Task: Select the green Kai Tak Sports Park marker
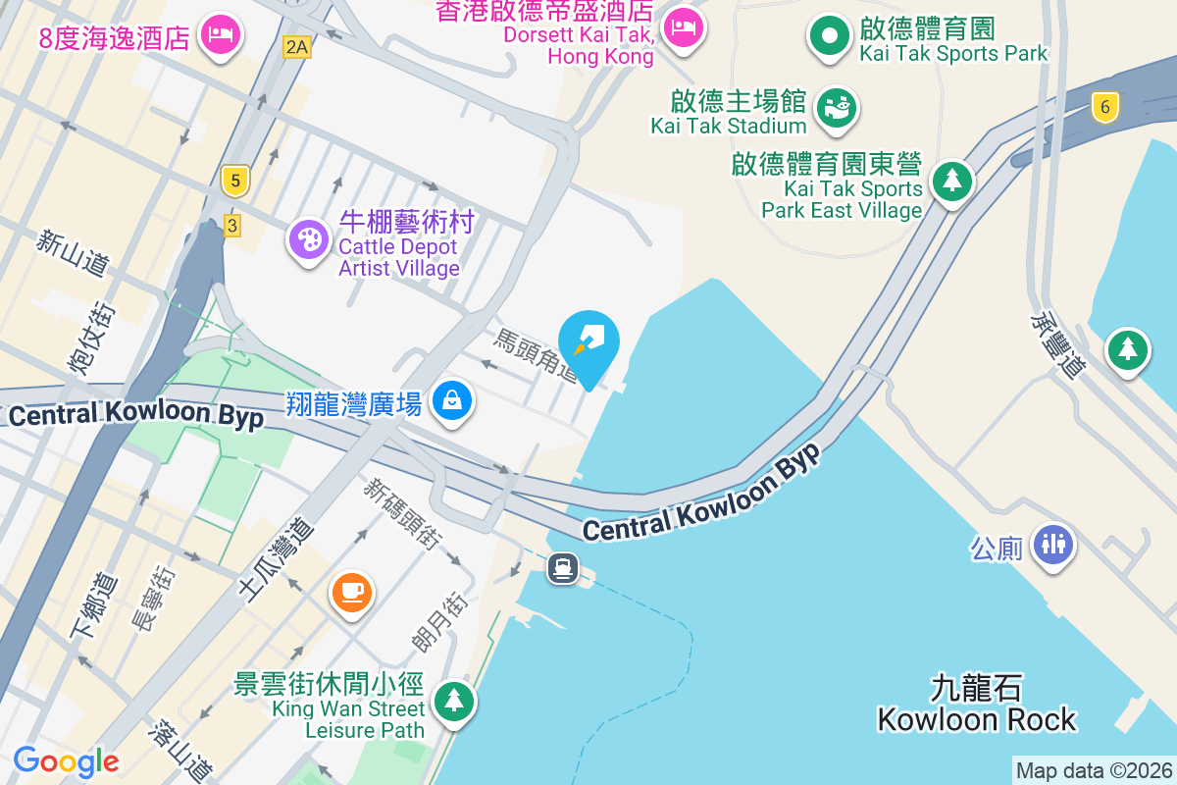[x=830, y=36]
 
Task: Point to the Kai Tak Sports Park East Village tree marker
[x=950, y=181]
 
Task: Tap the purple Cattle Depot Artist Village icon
[x=309, y=238]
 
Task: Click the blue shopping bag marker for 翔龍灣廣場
[x=451, y=400]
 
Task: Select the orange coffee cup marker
[x=350, y=591]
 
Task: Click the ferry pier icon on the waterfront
[x=563, y=567]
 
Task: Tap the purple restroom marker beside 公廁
[x=1052, y=543]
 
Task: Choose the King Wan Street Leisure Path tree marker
[x=452, y=701]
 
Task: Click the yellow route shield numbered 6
[x=1104, y=107]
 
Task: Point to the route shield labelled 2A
[x=295, y=46]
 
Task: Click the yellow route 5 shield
[x=233, y=181]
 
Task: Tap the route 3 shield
[x=231, y=226]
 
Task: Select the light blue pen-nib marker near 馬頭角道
[x=590, y=344]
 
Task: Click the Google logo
[x=66, y=761]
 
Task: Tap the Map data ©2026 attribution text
[x=1094, y=770]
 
